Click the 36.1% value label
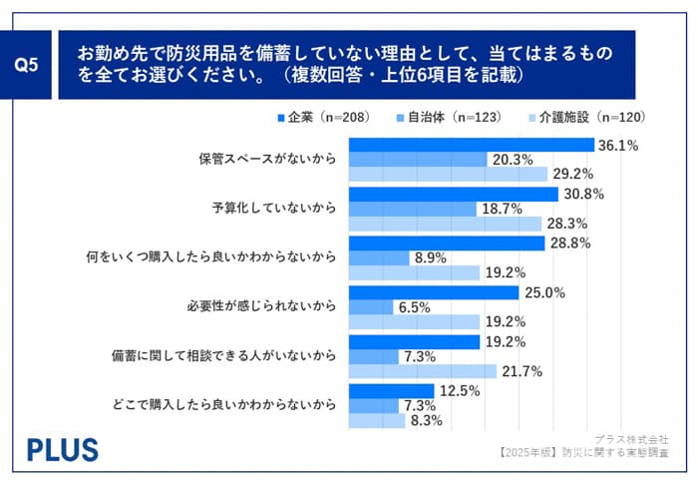coord(618,145)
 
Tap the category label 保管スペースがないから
coord(268,159)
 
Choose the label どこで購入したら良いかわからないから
coord(239,405)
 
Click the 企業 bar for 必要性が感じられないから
coord(433,292)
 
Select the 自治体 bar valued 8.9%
coord(378,257)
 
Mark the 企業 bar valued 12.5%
coord(390,390)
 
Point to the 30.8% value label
coord(582,194)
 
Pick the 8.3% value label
coord(428,421)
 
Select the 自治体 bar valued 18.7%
coord(411,209)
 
